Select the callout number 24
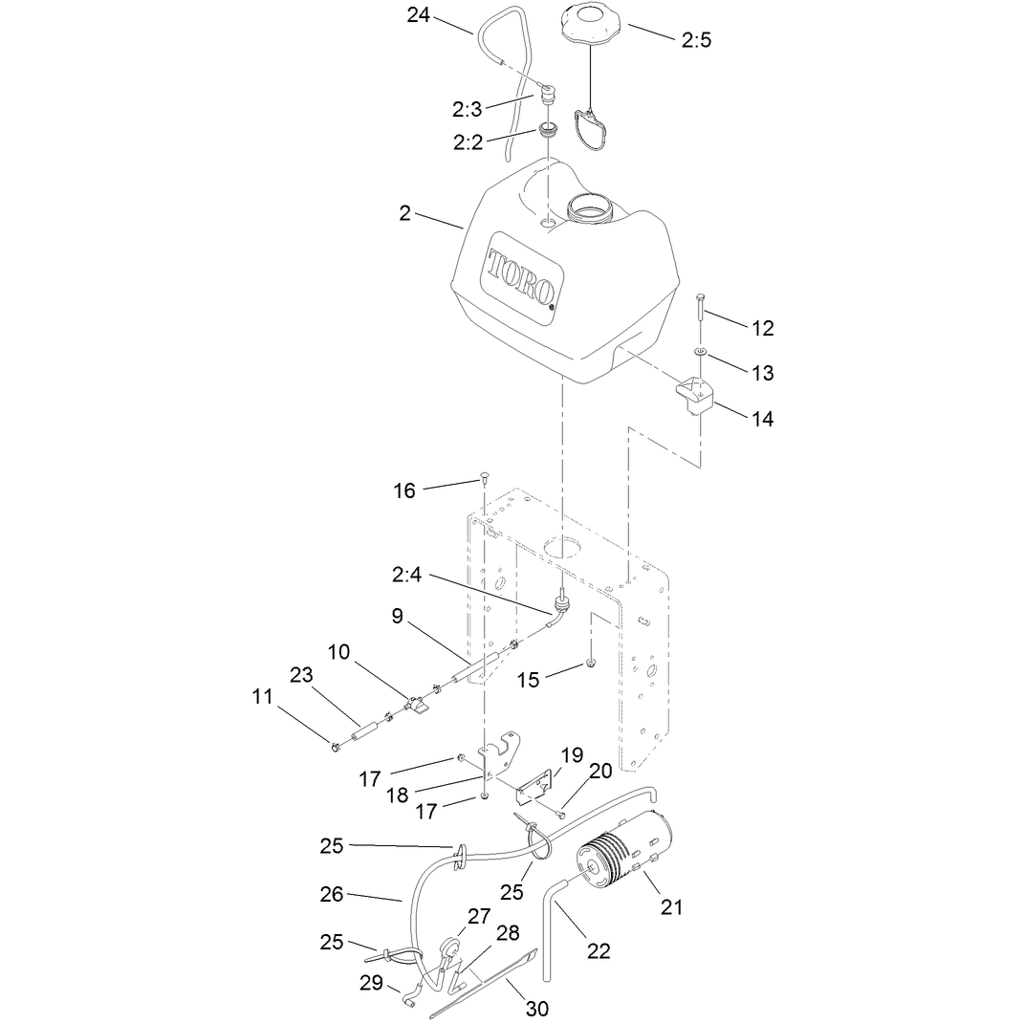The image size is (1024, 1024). click(418, 14)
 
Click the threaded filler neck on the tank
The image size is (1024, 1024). click(593, 207)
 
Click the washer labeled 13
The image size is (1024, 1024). click(700, 352)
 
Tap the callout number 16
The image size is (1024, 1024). click(404, 490)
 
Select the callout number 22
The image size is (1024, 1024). click(599, 950)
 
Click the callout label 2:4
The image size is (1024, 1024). click(407, 575)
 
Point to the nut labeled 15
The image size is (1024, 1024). click(590, 665)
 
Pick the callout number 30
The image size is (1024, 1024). click(536, 1009)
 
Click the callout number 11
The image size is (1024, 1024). click(263, 697)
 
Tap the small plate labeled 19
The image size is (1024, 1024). click(535, 788)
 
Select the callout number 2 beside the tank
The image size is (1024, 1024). click(404, 213)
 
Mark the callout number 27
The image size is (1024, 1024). click(479, 916)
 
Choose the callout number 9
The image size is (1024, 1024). click(397, 616)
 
